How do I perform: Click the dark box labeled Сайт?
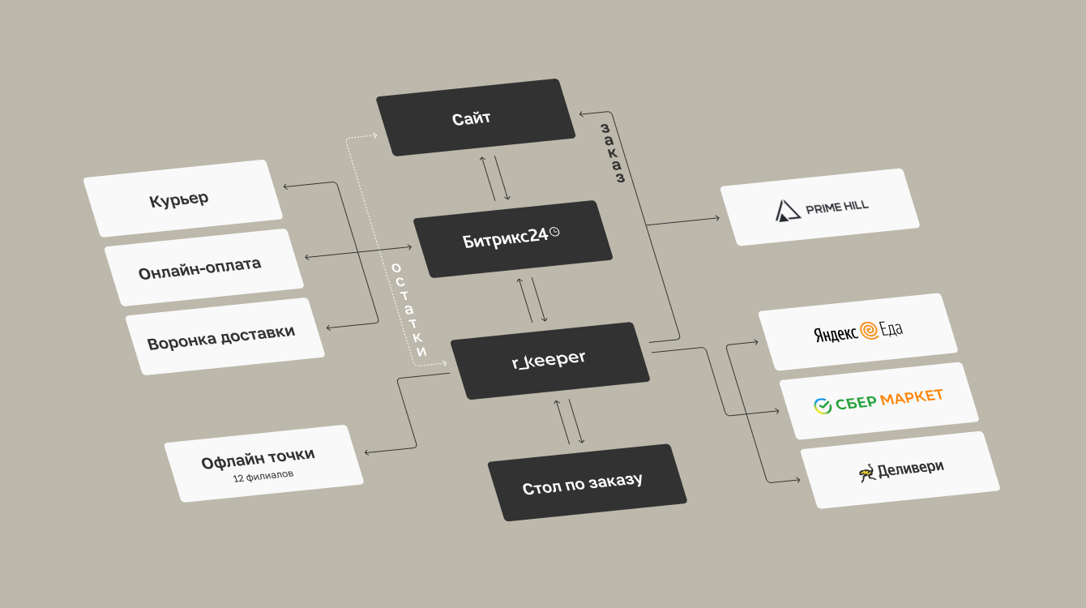(471, 118)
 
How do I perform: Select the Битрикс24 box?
(512, 238)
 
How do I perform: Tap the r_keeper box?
(549, 360)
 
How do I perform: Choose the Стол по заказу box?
(586, 483)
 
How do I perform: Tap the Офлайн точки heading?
(258, 458)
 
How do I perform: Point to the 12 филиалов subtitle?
(263, 476)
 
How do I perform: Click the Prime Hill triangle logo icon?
(787, 211)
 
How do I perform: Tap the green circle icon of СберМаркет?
(823, 405)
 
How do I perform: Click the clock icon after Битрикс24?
(555, 233)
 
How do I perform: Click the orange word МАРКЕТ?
(912, 397)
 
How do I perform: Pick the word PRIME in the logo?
(821, 208)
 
